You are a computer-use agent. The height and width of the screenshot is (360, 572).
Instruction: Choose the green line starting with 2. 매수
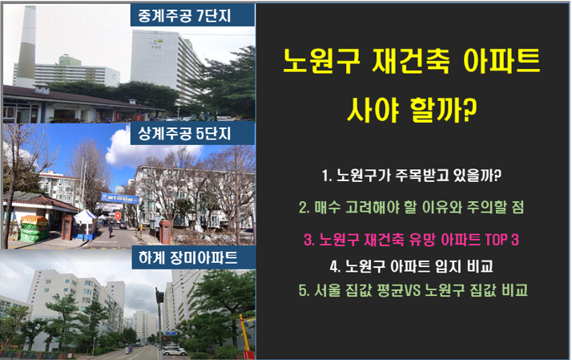[413, 208]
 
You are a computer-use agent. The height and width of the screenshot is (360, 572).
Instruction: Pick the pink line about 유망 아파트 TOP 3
[412, 239]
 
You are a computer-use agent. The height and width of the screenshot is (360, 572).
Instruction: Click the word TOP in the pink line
[493, 239]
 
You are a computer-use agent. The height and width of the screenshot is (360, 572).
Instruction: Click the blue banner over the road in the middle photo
[121, 197]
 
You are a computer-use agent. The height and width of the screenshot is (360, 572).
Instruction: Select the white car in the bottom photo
[172, 350]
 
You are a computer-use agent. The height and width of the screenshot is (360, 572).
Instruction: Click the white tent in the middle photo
[84, 217]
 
